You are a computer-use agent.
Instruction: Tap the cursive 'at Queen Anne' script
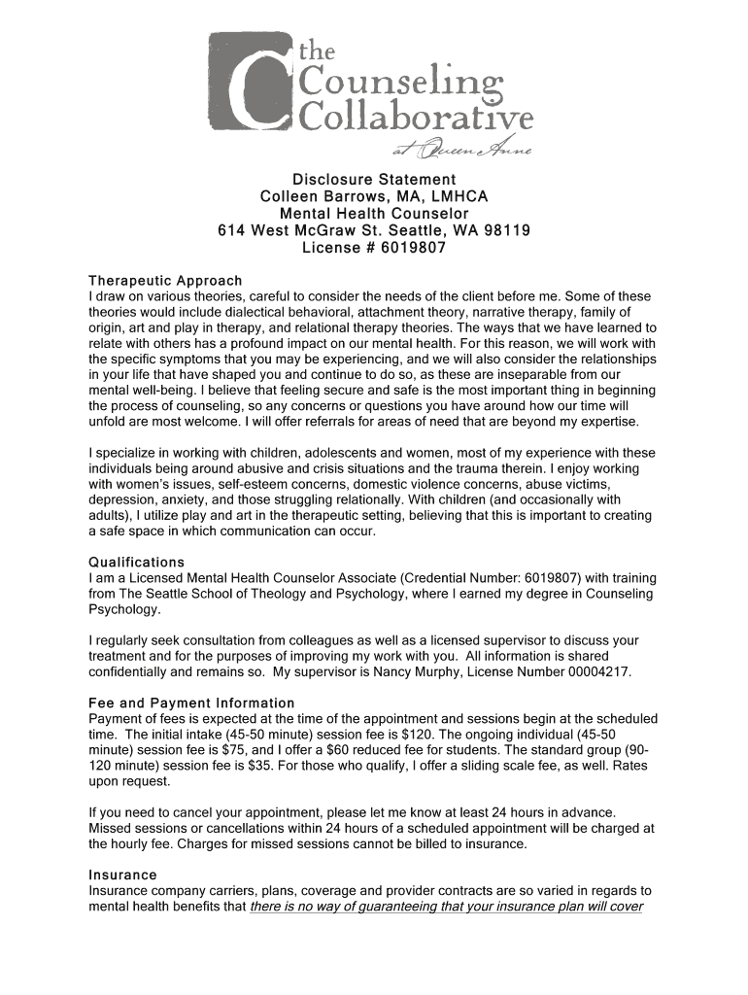pos(460,149)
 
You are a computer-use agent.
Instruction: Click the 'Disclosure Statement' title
pos(374,180)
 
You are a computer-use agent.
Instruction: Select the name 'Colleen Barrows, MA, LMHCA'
pos(374,196)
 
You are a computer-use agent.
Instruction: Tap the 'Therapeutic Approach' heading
pos(165,281)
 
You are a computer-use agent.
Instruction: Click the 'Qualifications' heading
pos(136,563)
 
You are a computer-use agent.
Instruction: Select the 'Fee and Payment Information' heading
pos(191,703)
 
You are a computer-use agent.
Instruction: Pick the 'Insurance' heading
pos(122,875)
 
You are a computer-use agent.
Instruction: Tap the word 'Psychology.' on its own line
pos(123,609)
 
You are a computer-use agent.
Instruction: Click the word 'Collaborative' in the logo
pos(418,119)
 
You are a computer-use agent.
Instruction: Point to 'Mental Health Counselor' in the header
pos(374,214)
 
